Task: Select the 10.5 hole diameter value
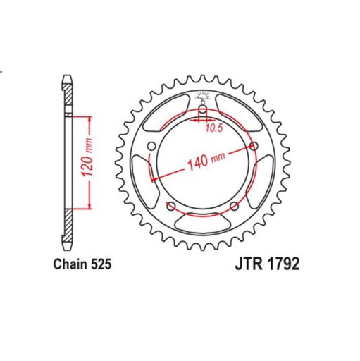215,128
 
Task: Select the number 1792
285,266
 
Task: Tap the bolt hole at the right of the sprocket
254,146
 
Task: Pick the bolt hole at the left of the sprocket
151,146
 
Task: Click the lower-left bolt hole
170,206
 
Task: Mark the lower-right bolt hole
235,206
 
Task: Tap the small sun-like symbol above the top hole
203,98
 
